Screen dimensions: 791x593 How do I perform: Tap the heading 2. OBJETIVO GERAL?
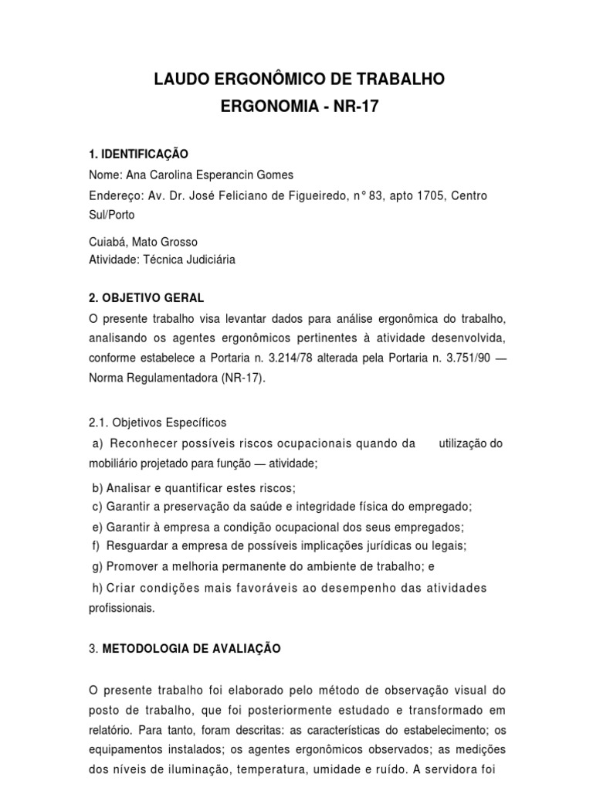tap(147, 297)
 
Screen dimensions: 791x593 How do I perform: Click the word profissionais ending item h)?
tap(122, 608)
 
